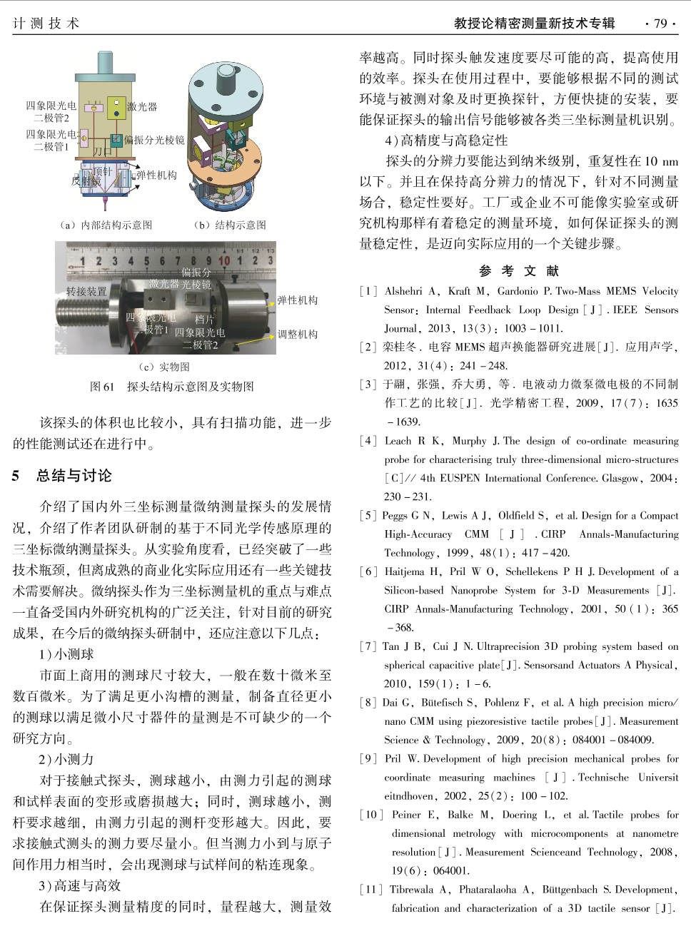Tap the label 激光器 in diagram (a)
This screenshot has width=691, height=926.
pos(141,106)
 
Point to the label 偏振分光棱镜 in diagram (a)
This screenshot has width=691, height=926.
pos(154,140)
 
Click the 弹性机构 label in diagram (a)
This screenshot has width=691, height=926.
pos(156,175)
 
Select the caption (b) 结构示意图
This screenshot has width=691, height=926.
pos(229,225)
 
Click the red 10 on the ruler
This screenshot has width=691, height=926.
pos(224,261)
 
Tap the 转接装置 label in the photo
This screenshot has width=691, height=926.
pos(86,291)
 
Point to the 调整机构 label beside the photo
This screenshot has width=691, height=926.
pos(298,334)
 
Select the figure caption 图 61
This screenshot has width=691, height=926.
pos(101,387)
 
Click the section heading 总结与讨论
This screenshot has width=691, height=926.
pos(74,476)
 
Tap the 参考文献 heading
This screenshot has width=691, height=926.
pos(519,271)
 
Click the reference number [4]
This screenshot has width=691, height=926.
pos(368,441)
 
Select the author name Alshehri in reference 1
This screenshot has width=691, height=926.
pos(403,291)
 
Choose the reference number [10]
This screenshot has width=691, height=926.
pos(371,815)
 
